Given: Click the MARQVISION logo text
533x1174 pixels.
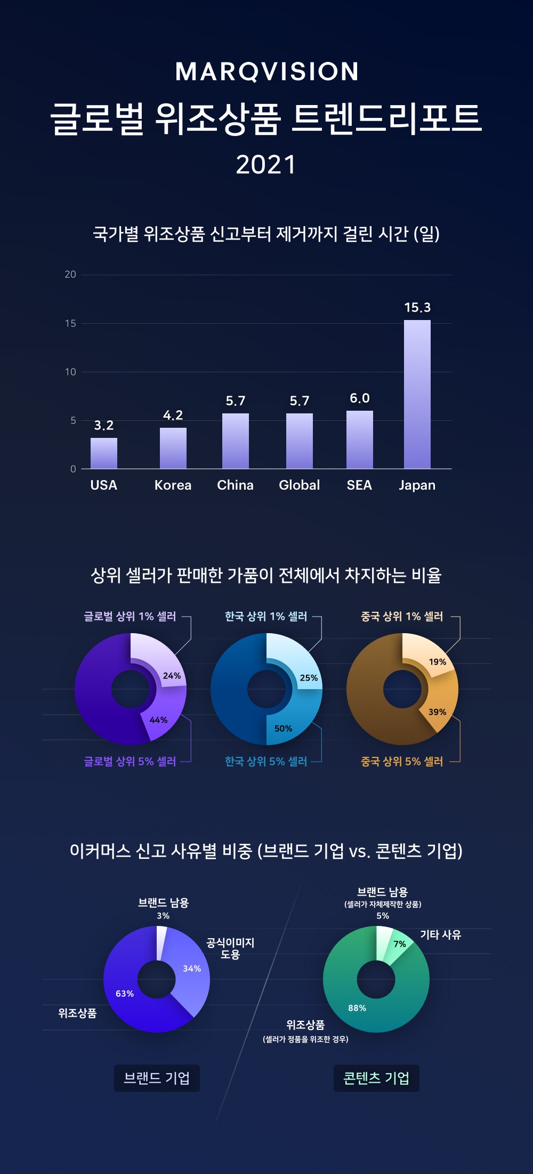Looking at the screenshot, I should coord(266,71).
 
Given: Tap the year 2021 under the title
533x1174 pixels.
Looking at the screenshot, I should coord(266,165).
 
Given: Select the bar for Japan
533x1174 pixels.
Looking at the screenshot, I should coord(417,394).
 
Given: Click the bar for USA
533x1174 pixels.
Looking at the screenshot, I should coord(104,453).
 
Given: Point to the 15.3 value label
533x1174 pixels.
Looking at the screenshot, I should coord(417,308).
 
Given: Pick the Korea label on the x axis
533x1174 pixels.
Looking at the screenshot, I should coord(173,485).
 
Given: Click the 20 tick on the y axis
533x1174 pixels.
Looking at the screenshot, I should coord(70,275).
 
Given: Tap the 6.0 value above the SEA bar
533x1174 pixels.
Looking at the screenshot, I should coord(359,398).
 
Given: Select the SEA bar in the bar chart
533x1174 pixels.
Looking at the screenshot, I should coord(359,440).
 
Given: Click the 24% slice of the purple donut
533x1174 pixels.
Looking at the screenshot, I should coord(160,661).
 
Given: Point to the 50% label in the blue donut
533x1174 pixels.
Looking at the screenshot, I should coord(283,729).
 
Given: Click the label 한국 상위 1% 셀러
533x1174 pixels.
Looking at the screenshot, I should coord(266,617).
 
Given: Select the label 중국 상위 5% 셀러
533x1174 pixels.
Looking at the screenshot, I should coord(402,762).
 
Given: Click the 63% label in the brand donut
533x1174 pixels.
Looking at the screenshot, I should coord(125,994).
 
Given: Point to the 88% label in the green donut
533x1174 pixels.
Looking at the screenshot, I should coord(357,1008).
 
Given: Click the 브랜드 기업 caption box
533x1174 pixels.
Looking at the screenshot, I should coord(157,1079).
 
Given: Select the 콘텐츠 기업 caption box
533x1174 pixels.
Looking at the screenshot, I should coord(376,1079).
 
